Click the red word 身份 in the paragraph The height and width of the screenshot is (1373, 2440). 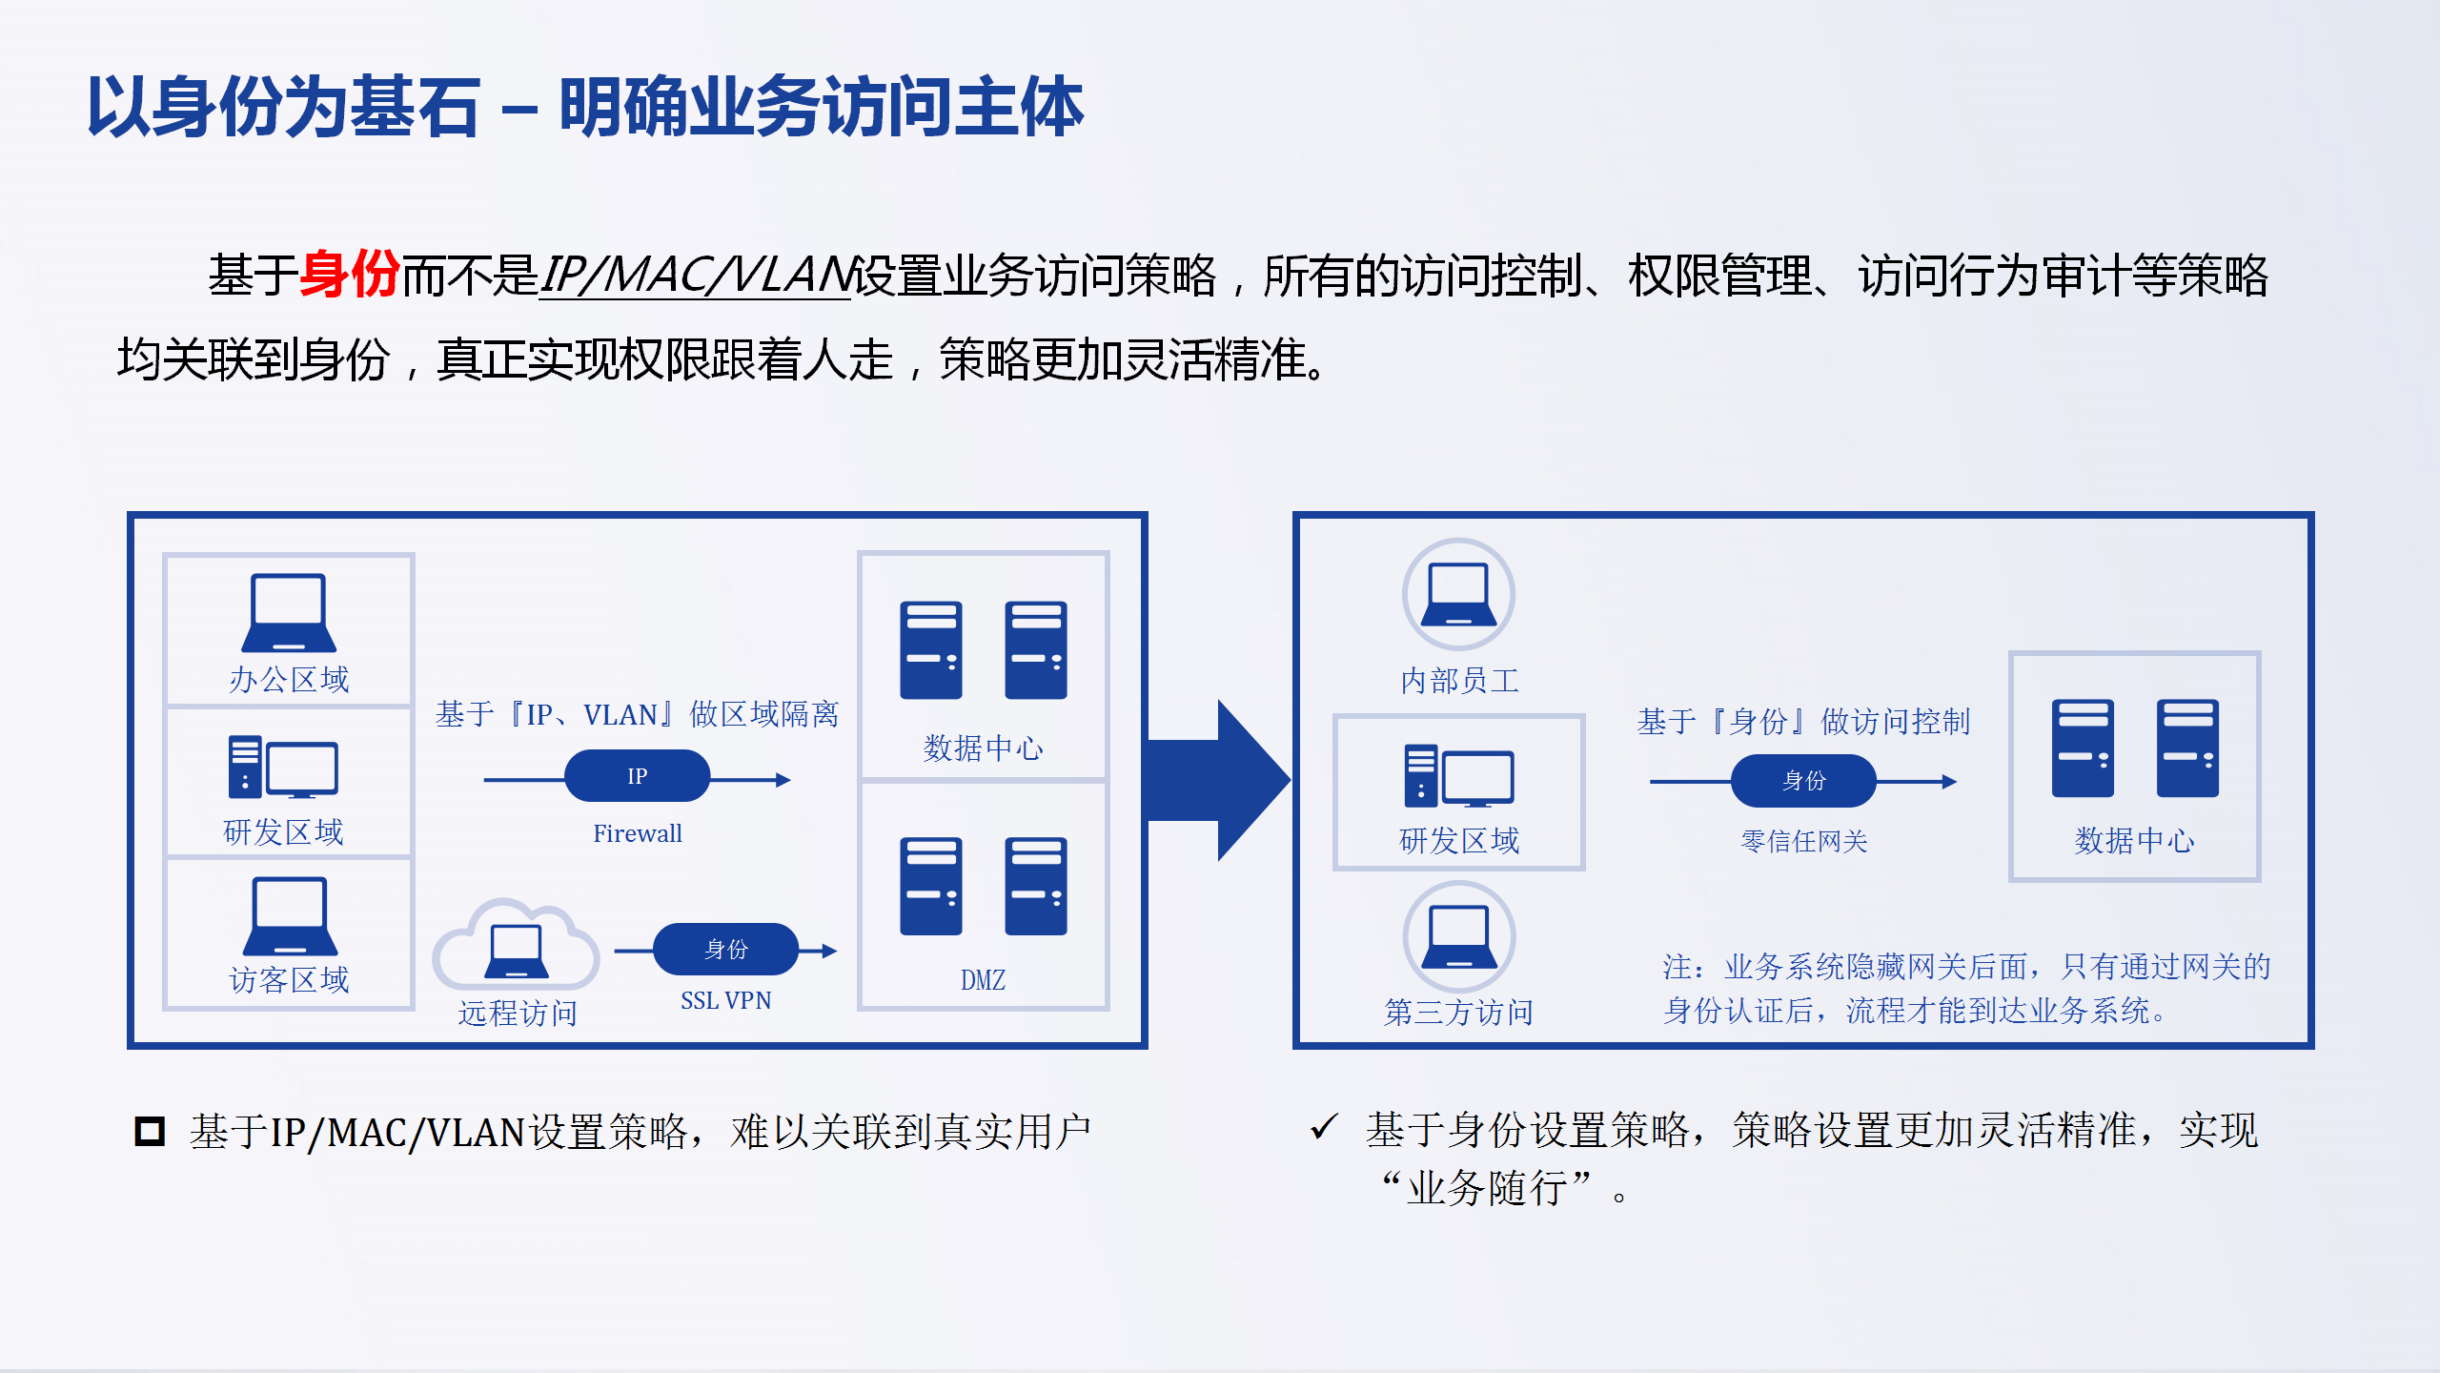(350, 276)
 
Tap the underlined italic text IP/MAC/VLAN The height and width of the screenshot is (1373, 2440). (695, 276)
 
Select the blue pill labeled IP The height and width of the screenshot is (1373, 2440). (637, 776)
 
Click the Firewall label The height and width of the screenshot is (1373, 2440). (637, 833)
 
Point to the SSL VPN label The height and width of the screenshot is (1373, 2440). (725, 1000)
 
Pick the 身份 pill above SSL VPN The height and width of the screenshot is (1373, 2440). (725, 950)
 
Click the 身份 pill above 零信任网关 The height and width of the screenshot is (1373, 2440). (1803, 781)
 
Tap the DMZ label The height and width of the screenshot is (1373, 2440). (983, 980)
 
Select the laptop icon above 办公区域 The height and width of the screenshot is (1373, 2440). (289, 612)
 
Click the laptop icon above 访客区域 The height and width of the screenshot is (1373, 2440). (290, 915)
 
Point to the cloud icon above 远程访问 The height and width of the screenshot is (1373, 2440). (517, 944)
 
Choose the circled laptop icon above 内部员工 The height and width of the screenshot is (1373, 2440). (1458, 594)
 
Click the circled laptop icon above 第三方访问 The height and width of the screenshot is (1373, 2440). (1458, 937)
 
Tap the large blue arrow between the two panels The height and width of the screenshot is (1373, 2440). (1218, 780)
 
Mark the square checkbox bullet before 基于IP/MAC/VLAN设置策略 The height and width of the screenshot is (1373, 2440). (150, 1132)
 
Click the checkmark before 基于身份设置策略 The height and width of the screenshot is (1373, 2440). (1325, 1127)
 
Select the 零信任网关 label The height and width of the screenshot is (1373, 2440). (1803, 841)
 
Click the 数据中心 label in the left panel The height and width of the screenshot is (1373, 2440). (983, 748)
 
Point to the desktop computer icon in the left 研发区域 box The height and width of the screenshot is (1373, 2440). (283, 767)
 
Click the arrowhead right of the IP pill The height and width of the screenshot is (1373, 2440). (783, 780)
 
